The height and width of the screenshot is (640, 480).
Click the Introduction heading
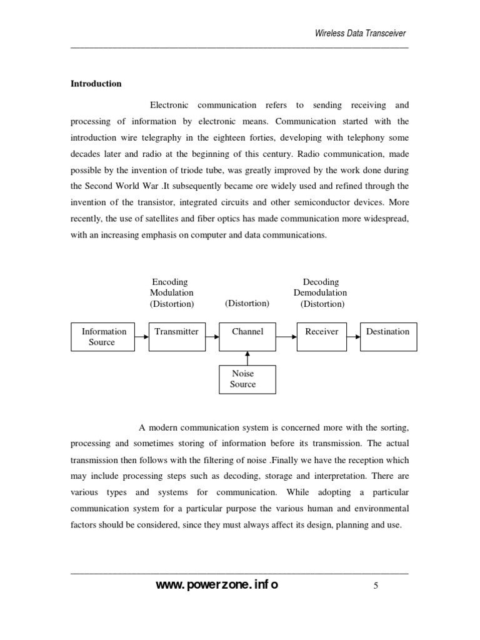click(96, 84)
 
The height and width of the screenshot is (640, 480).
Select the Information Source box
click(102, 336)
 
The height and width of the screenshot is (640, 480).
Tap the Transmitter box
click(176, 336)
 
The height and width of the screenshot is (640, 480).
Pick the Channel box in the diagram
click(247, 336)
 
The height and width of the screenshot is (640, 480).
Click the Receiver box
click(321, 336)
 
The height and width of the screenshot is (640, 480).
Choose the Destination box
click(388, 336)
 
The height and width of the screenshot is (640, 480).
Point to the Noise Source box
click(247, 379)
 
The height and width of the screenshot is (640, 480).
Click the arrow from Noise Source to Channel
click(247, 358)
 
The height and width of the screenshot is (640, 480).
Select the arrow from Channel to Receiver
click(286, 336)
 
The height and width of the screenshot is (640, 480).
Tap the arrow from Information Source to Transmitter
click(141, 336)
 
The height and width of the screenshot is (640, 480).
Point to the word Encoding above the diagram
click(170, 282)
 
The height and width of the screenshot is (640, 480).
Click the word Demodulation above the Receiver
click(320, 292)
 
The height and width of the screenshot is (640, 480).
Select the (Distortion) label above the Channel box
click(247, 303)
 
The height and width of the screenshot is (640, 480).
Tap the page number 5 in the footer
click(376, 586)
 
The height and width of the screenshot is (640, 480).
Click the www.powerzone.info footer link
click(217, 585)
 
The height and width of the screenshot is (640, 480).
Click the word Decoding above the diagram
click(321, 282)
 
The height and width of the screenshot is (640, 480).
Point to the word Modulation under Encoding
click(171, 292)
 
